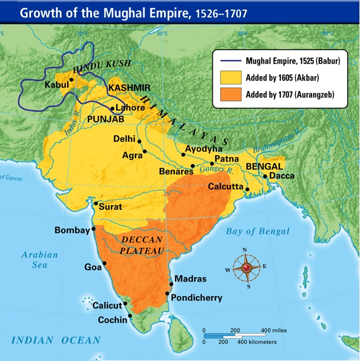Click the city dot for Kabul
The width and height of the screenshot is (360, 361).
[72, 80]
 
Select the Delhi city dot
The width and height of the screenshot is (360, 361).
[139, 142]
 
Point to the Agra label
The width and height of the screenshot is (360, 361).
[132, 154]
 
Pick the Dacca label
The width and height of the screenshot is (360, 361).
[281, 175]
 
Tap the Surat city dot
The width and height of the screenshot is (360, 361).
[96, 203]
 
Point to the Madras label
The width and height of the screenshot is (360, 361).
[190, 279]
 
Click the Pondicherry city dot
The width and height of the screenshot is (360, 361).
[167, 293]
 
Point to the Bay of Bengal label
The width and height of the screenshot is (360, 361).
[257, 231]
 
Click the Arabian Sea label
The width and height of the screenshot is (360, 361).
[39, 260]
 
